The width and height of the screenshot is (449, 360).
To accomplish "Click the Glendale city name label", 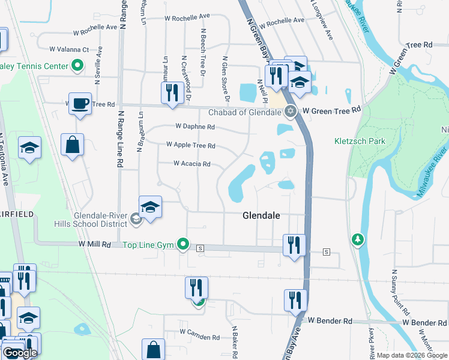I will pyautogui.click(x=262, y=215).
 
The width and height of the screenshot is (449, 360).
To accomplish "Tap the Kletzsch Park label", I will pyautogui.click(x=359, y=142).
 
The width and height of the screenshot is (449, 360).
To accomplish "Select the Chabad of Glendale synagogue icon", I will pyautogui.click(x=291, y=111).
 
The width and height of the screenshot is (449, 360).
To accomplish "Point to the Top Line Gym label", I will pyautogui.click(x=148, y=244).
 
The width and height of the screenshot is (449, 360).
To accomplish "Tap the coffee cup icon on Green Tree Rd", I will pyautogui.click(x=80, y=103).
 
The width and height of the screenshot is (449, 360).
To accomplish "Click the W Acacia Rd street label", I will pyautogui.click(x=192, y=163).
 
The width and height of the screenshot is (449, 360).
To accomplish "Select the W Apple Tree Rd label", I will pyautogui.click(x=190, y=145).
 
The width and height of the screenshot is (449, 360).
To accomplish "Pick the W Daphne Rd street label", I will pyautogui.click(x=194, y=127).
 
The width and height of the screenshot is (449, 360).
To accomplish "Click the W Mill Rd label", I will pyautogui.click(x=95, y=244).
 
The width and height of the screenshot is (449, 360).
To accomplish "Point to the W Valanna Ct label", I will pyautogui.click(x=69, y=49).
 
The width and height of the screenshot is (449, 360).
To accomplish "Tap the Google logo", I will pyautogui.click(x=20, y=353).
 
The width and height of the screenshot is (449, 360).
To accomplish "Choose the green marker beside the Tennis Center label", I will pyautogui.click(x=77, y=65).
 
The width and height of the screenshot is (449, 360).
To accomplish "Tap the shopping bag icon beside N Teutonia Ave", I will pyautogui.click(x=72, y=145).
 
